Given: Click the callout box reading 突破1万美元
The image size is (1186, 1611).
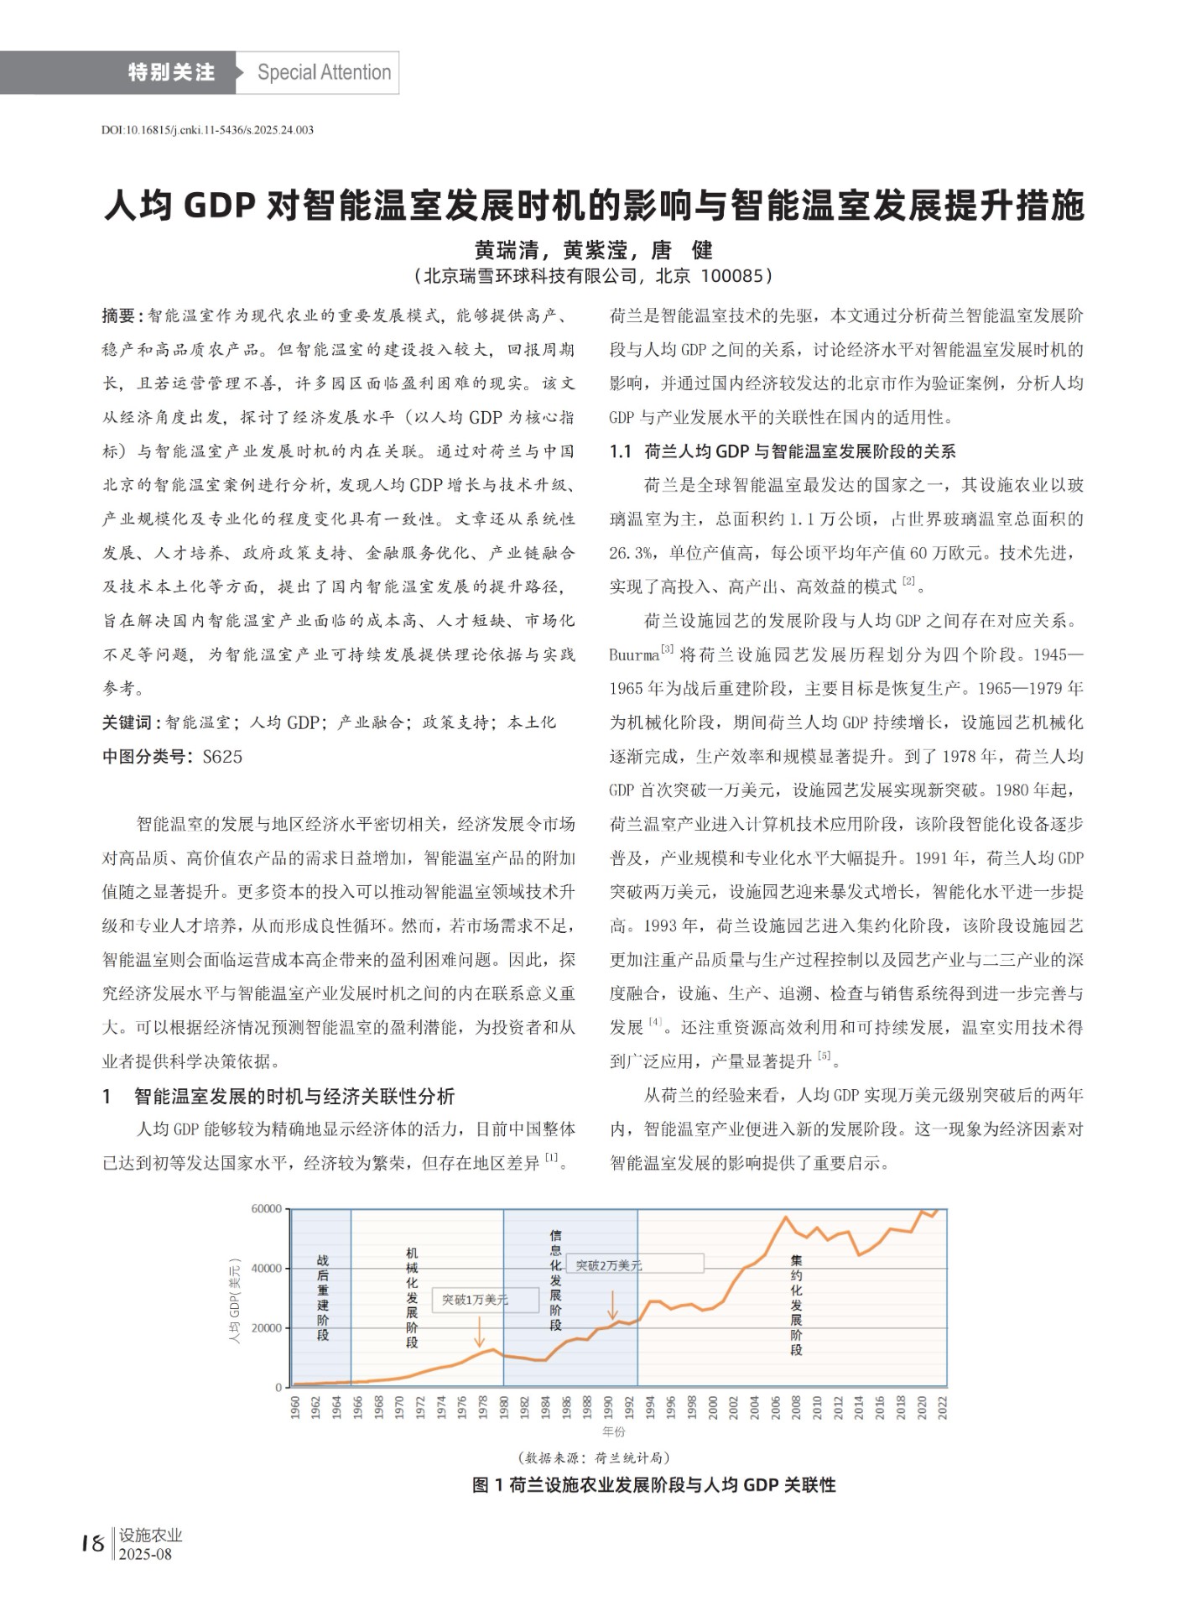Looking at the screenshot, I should coord(486,1300).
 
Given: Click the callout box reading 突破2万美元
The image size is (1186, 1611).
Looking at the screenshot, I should coord(636,1264).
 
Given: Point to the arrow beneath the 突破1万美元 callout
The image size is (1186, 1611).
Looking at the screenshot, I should coord(479,1331).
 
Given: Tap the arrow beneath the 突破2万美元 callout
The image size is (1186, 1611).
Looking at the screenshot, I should coord(613,1305).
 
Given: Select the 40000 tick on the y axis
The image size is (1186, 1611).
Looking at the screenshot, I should coord(267,1268).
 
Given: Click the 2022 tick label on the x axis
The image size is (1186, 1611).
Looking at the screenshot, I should coord(942,1407).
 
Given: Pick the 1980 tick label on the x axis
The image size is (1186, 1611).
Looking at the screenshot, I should coord(504,1407).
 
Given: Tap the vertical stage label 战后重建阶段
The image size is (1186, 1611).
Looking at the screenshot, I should coord(323,1297).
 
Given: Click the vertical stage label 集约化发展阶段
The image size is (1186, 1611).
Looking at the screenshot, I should coord(796,1304).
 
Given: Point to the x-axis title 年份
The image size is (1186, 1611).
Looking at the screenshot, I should coord(614,1431).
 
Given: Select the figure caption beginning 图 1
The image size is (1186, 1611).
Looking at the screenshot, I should coord(653,1485).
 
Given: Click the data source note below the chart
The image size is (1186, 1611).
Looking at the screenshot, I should coord(594,1457).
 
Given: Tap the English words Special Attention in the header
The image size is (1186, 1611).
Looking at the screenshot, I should coord(324,72).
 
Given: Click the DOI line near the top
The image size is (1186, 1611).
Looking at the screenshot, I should coord(207,130).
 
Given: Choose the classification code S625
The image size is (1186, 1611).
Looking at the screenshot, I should coord(222,757).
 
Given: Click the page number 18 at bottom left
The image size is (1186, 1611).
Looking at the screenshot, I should coord(92,1543).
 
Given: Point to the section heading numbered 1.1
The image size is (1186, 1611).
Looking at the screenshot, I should coord(783,451).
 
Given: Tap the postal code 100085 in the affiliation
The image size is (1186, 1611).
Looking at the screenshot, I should coord(731,276).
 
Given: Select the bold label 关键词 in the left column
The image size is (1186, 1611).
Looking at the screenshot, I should coord(127,722).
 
